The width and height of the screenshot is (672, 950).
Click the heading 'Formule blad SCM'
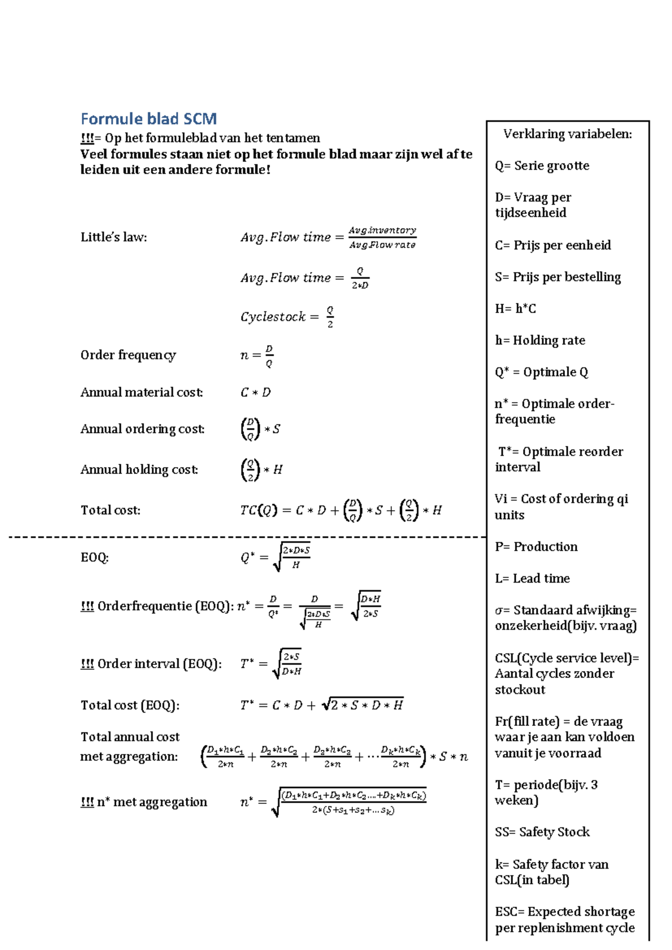tap(148, 119)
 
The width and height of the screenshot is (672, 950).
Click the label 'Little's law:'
tap(114, 237)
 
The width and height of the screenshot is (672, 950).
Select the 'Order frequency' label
tap(128, 355)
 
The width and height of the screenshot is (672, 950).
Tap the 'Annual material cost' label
tap(141, 392)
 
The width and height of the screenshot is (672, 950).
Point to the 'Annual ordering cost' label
tap(142, 429)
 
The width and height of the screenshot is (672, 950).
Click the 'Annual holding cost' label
tap(139, 469)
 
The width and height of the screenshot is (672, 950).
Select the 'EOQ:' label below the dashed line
tap(95, 557)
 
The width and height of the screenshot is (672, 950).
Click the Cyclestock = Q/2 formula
tap(287, 316)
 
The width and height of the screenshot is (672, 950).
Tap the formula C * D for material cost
tap(255, 393)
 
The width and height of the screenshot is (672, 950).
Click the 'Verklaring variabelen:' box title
tap(567, 134)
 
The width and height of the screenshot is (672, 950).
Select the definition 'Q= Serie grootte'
tap(542, 166)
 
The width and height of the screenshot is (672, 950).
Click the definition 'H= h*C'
tap(515, 309)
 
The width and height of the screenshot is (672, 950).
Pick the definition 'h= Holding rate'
tap(540, 341)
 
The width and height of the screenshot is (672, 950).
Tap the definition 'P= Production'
tap(536, 547)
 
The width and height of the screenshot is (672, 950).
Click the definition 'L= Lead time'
tap(532, 579)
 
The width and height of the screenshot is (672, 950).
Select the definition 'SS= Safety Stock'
tap(542, 832)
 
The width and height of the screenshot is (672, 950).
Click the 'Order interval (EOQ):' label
tap(159, 664)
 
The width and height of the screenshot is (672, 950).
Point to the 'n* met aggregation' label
tap(151, 802)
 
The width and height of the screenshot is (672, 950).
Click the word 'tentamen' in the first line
tap(293, 138)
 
